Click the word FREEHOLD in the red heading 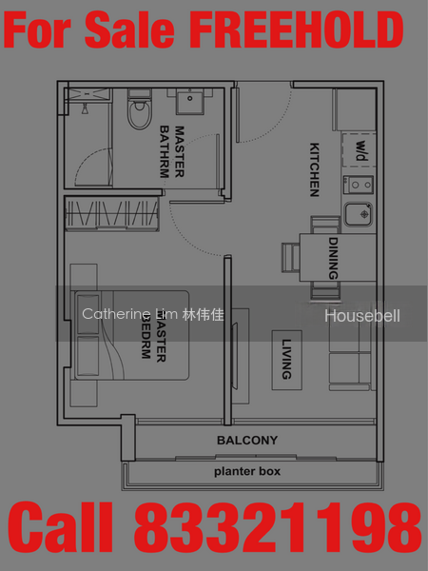(x=296, y=30)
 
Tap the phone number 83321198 (x=278, y=528)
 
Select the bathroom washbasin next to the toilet (x=189, y=102)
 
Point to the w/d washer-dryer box (x=359, y=150)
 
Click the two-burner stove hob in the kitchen (x=359, y=185)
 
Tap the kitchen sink (x=359, y=214)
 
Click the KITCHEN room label (x=315, y=169)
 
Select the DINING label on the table (x=334, y=258)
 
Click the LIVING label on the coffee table (x=287, y=360)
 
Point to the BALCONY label (x=247, y=441)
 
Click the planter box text (x=247, y=471)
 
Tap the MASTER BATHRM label (x=172, y=152)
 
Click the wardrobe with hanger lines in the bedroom (x=112, y=214)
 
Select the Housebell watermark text (x=362, y=316)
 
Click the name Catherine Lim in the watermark (x=130, y=314)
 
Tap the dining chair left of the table (x=290, y=258)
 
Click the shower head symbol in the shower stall (x=85, y=108)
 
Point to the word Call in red (x=61, y=528)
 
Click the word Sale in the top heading (x=129, y=30)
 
